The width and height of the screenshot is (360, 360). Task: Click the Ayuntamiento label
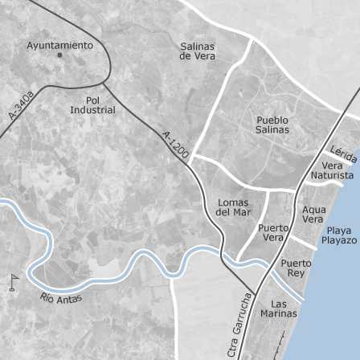(x=60, y=46)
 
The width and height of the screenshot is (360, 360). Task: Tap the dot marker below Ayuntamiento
(x=60, y=56)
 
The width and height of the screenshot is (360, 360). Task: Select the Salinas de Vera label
(x=198, y=51)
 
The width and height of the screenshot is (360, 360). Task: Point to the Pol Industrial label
(x=92, y=104)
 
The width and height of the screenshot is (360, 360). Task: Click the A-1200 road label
(x=175, y=145)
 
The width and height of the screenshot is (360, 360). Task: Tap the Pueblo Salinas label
(x=272, y=125)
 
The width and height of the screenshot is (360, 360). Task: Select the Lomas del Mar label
(x=233, y=207)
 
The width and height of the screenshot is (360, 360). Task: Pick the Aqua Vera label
(x=313, y=215)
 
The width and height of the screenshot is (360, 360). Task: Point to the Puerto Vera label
(x=273, y=232)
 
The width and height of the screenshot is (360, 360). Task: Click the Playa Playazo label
(x=339, y=235)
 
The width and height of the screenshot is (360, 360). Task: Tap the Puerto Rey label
(x=296, y=268)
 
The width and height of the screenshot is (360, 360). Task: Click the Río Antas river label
(x=60, y=299)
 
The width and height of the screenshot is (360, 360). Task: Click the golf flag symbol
(x=13, y=281)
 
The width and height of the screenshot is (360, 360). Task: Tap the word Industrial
(x=92, y=109)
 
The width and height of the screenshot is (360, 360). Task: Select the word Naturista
(x=332, y=175)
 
